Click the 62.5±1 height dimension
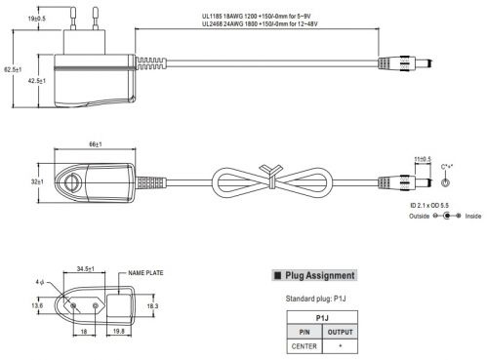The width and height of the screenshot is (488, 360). [13, 69]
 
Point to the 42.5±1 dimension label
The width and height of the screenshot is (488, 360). [37, 81]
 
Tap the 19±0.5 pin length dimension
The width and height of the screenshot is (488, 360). [36, 19]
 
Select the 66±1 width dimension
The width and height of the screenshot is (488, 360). [96, 144]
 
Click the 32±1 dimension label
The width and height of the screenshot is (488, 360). [37, 181]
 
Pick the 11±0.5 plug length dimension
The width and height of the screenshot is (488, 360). [423, 159]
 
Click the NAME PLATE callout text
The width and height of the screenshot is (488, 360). [145, 273]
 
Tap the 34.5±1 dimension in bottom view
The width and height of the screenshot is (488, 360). [86, 269]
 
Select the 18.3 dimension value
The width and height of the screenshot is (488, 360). [152, 306]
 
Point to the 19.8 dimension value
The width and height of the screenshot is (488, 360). [119, 331]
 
